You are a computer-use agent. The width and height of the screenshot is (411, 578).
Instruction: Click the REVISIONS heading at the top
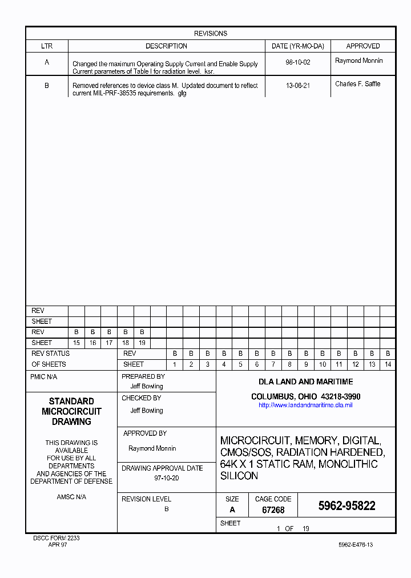pyautogui.click(x=211, y=34)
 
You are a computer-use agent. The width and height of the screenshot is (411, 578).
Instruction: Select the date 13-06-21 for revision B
pyautogui.click(x=297, y=86)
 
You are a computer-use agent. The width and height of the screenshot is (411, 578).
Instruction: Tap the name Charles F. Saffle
pyautogui.click(x=358, y=84)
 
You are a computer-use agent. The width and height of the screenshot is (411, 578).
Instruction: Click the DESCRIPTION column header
pyautogui.click(x=166, y=46)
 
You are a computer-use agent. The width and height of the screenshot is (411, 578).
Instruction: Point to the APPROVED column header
pyautogui.click(x=363, y=46)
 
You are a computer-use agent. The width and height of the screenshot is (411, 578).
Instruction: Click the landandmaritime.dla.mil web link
pyautogui.click(x=305, y=405)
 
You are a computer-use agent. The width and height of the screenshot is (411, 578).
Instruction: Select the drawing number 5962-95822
pyautogui.click(x=346, y=506)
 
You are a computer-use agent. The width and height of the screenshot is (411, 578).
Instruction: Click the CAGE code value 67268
pyautogui.click(x=273, y=510)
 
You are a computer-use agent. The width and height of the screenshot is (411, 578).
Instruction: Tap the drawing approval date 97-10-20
pyautogui.click(x=167, y=478)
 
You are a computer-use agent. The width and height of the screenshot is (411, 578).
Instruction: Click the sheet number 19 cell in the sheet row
pyautogui.click(x=142, y=343)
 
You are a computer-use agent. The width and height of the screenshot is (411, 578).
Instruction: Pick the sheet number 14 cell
pyautogui.click(x=388, y=364)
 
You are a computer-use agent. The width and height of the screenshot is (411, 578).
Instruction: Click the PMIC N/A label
pyautogui.click(x=43, y=377)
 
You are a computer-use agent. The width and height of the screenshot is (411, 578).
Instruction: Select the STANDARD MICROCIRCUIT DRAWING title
pyautogui.click(x=71, y=411)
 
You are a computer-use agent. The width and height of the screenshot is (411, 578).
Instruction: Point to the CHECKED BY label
pyautogui.click(x=142, y=398)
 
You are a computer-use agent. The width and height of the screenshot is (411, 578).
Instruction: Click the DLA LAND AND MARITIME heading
pyautogui.click(x=305, y=382)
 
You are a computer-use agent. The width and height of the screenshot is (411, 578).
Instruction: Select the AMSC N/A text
pyautogui.click(x=71, y=497)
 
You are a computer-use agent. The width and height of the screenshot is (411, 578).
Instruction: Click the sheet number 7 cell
pyautogui.click(x=273, y=364)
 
